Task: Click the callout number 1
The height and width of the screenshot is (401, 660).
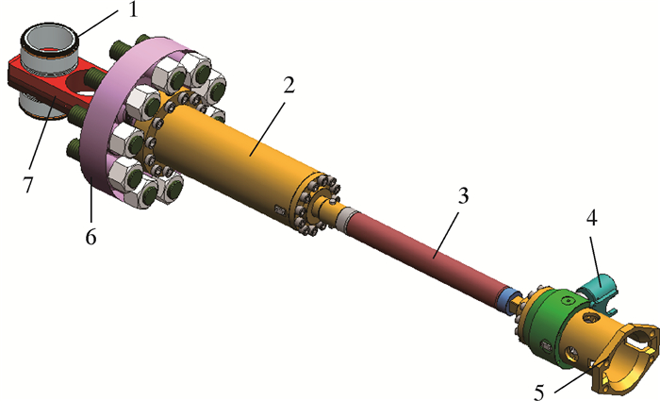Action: point(133,9)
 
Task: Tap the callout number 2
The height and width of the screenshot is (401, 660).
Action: point(289,86)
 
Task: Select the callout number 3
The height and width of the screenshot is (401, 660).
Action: point(463,196)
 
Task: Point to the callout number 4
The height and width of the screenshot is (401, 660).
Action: point(591,218)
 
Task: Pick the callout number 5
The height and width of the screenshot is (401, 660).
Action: point(539,393)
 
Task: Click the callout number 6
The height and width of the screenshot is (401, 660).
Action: point(91,237)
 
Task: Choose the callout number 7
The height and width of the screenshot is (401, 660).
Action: point(27,185)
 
